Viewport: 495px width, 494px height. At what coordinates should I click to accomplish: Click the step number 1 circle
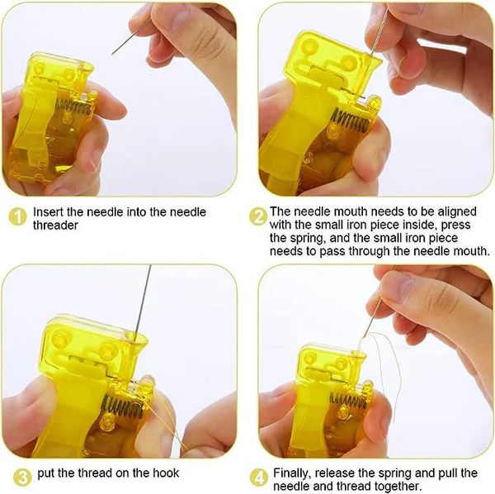(17, 217)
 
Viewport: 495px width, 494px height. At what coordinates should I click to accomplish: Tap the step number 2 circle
(258, 216)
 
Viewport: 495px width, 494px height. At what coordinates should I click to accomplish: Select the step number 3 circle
(23, 477)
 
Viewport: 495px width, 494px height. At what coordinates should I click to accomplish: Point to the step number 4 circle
(259, 477)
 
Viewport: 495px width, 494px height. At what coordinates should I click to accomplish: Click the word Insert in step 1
(49, 211)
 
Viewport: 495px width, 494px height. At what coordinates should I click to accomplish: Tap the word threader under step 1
(55, 226)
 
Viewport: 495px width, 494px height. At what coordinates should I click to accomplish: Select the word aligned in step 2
(457, 211)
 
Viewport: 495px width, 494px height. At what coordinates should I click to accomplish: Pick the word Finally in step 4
(292, 473)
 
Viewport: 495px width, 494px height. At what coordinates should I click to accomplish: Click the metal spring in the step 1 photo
(75, 107)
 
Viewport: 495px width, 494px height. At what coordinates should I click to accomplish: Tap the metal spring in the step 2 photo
(348, 121)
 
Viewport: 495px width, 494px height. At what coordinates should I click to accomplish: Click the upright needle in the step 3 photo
(143, 303)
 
